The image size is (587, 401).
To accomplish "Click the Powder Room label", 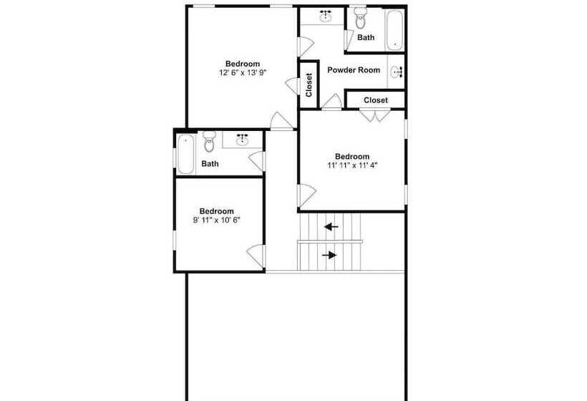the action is pyautogui.click(x=354, y=70).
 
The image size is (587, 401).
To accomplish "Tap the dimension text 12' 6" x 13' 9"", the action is pyautogui.click(x=243, y=72).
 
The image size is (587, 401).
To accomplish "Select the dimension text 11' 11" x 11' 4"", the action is pyautogui.click(x=352, y=165).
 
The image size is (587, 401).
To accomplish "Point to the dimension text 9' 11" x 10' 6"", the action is pyautogui.click(x=216, y=220).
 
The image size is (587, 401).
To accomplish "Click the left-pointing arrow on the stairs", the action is pyautogui.click(x=331, y=226).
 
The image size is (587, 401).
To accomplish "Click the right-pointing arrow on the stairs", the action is pyautogui.click(x=329, y=255).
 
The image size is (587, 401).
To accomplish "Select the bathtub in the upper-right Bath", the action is pyautogui.click(x=394, y=30).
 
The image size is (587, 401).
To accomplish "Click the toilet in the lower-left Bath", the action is pyautogui.click(x=209, y=142).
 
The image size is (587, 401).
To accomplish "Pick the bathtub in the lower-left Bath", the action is pyautogui.click(x=185, y=154).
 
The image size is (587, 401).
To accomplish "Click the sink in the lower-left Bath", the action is pyautogui.click(x=243, y=140).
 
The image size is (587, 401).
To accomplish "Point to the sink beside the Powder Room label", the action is pyautogui.click(x=396, y=72).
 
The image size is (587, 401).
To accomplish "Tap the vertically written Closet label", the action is pyautogui.click(x=309, y=84).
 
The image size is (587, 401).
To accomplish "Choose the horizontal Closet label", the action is pyautogui.click(x=376, y=100).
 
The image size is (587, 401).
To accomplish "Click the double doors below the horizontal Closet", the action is pyautogui.click(x=375, y=115).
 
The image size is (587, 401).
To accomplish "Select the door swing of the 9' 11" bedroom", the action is pyautogui.click(x=256, y=256).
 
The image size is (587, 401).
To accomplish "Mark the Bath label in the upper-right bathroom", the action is pyautogui.click(x=366, y=37).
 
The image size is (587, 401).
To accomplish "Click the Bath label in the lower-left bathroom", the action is pyautogui.click(x=210, y=163).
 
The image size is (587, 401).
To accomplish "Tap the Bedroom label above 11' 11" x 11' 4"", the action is pyautogui.click(x=352, y=157).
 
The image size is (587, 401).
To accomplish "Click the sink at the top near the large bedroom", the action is pyautogui.click(x=326, y=16).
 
